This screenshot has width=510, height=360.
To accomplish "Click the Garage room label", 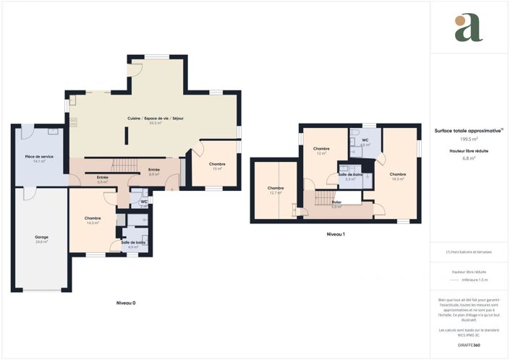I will [41, 237].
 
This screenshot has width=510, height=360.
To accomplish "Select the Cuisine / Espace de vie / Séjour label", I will [155, 119].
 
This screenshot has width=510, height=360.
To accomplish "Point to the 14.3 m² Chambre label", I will [92, 218].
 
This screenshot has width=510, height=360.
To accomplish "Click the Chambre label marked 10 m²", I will [217, 165].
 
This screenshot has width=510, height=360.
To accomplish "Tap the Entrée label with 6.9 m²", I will [103, 178].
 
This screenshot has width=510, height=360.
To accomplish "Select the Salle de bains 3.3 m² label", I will [349, 175].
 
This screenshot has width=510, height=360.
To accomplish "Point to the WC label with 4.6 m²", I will [365, 140].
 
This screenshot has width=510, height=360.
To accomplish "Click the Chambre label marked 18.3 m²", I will [398, 174].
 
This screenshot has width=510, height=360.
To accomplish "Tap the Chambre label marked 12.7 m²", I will [275, 189].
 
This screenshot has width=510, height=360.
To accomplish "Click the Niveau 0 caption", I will [126, 302].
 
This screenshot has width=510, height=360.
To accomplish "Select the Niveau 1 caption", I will [336, 234].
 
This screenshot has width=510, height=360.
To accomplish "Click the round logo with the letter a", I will [468, 27].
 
